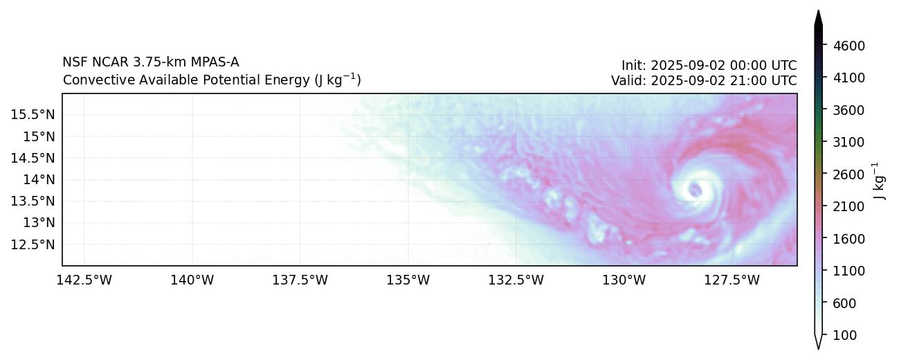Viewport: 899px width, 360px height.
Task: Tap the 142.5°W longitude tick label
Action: tap(84, 280)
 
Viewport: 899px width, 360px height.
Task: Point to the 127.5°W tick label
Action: tap(732, 280)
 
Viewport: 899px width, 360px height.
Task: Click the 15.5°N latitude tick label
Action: tap(33, 114)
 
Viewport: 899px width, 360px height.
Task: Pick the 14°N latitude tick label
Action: tap(38, 179)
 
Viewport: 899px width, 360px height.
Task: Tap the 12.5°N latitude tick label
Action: tap(33, 244)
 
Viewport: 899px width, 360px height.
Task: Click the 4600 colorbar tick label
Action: tap(848, 46)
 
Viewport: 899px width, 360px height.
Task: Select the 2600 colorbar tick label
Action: tap(848, 174)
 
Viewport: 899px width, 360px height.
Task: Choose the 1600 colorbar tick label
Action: tap(848, 239)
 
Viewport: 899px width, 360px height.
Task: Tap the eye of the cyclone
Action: tap(695, 189)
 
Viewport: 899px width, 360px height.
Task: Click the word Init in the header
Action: tap(633, 66)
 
